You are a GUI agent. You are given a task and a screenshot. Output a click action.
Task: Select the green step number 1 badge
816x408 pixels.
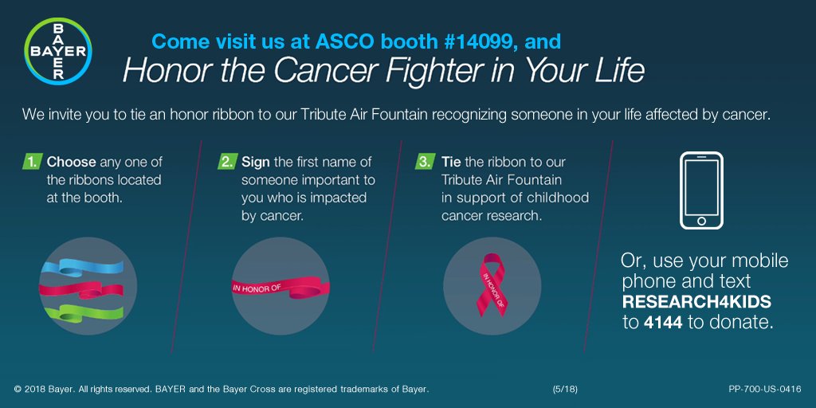pyautogui.click(x=31, y=162)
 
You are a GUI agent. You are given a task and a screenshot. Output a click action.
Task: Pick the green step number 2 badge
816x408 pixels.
pyautogui.click(x=226, y=162)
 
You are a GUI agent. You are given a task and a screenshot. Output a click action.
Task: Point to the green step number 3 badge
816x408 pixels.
pyautogui.click(x=425, y=162)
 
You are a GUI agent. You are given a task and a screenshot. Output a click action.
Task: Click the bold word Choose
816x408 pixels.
pyautogui.click(x=72, y=162)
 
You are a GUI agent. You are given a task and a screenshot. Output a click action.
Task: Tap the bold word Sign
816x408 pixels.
pyautogui.click(x=256, y=162)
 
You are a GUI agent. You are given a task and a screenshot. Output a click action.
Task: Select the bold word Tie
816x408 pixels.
pyautogui.click(x=451, y=162)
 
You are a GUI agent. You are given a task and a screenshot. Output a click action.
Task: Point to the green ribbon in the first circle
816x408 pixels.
pyautogui.click(x=80, y=312)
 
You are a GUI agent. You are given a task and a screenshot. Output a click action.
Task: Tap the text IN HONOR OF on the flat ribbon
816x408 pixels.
pyautogui.click(x=254, y=287)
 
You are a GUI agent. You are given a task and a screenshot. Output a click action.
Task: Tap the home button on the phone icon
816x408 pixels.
pyautogui.click(x=701, y=221)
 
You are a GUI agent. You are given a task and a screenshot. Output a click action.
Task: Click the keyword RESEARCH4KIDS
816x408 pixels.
pyautogui.click(x=696, y=303)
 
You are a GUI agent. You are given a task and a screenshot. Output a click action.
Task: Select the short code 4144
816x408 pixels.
pyautogui.click(x=663, y=323)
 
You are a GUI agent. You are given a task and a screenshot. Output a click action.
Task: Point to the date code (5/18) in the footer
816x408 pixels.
pyautogui.click(x=565, y=389)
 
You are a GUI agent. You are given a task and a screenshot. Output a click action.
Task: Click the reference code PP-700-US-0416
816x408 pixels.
pyautogui.click(x=764, y=389)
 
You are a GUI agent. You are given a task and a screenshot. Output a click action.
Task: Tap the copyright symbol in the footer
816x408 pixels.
pyautogui.click(x=18, y=389)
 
